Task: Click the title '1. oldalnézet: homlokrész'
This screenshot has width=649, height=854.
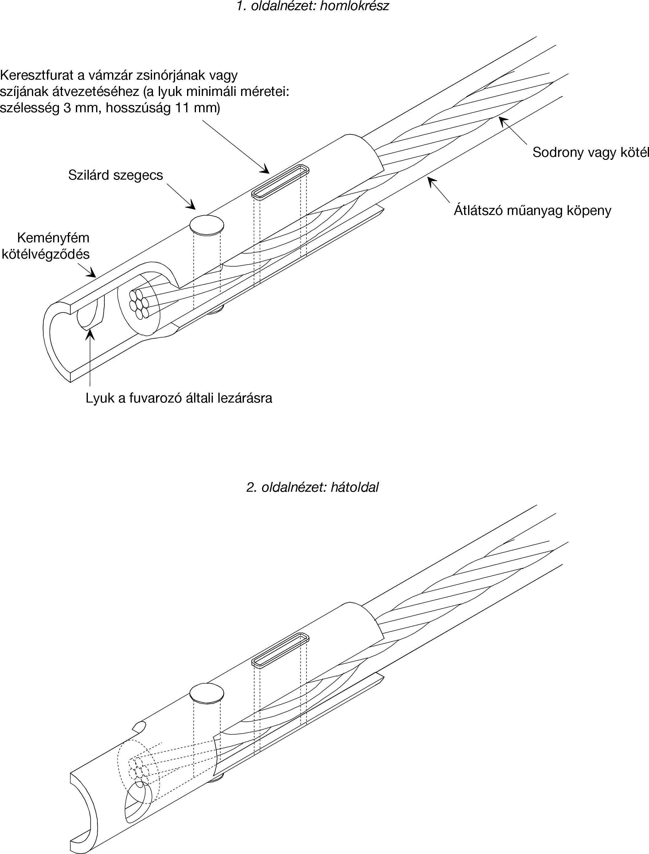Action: tap(313, 6)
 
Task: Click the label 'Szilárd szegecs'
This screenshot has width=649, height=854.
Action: tap(115, 175)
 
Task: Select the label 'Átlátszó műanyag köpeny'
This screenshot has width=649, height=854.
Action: tap(532, 211)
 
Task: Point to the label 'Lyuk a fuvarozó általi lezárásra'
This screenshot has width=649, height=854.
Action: tap(179, 398)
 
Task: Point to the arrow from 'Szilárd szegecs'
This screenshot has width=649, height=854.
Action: tap(181, 197)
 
